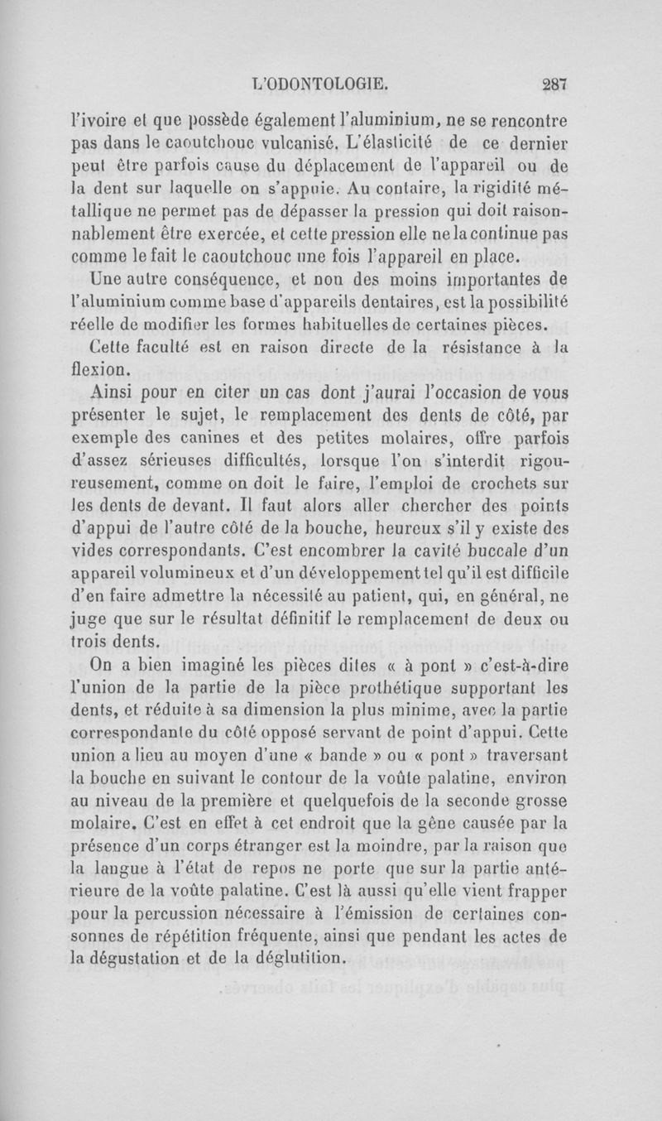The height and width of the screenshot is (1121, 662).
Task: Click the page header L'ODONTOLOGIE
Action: coord(324,82)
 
